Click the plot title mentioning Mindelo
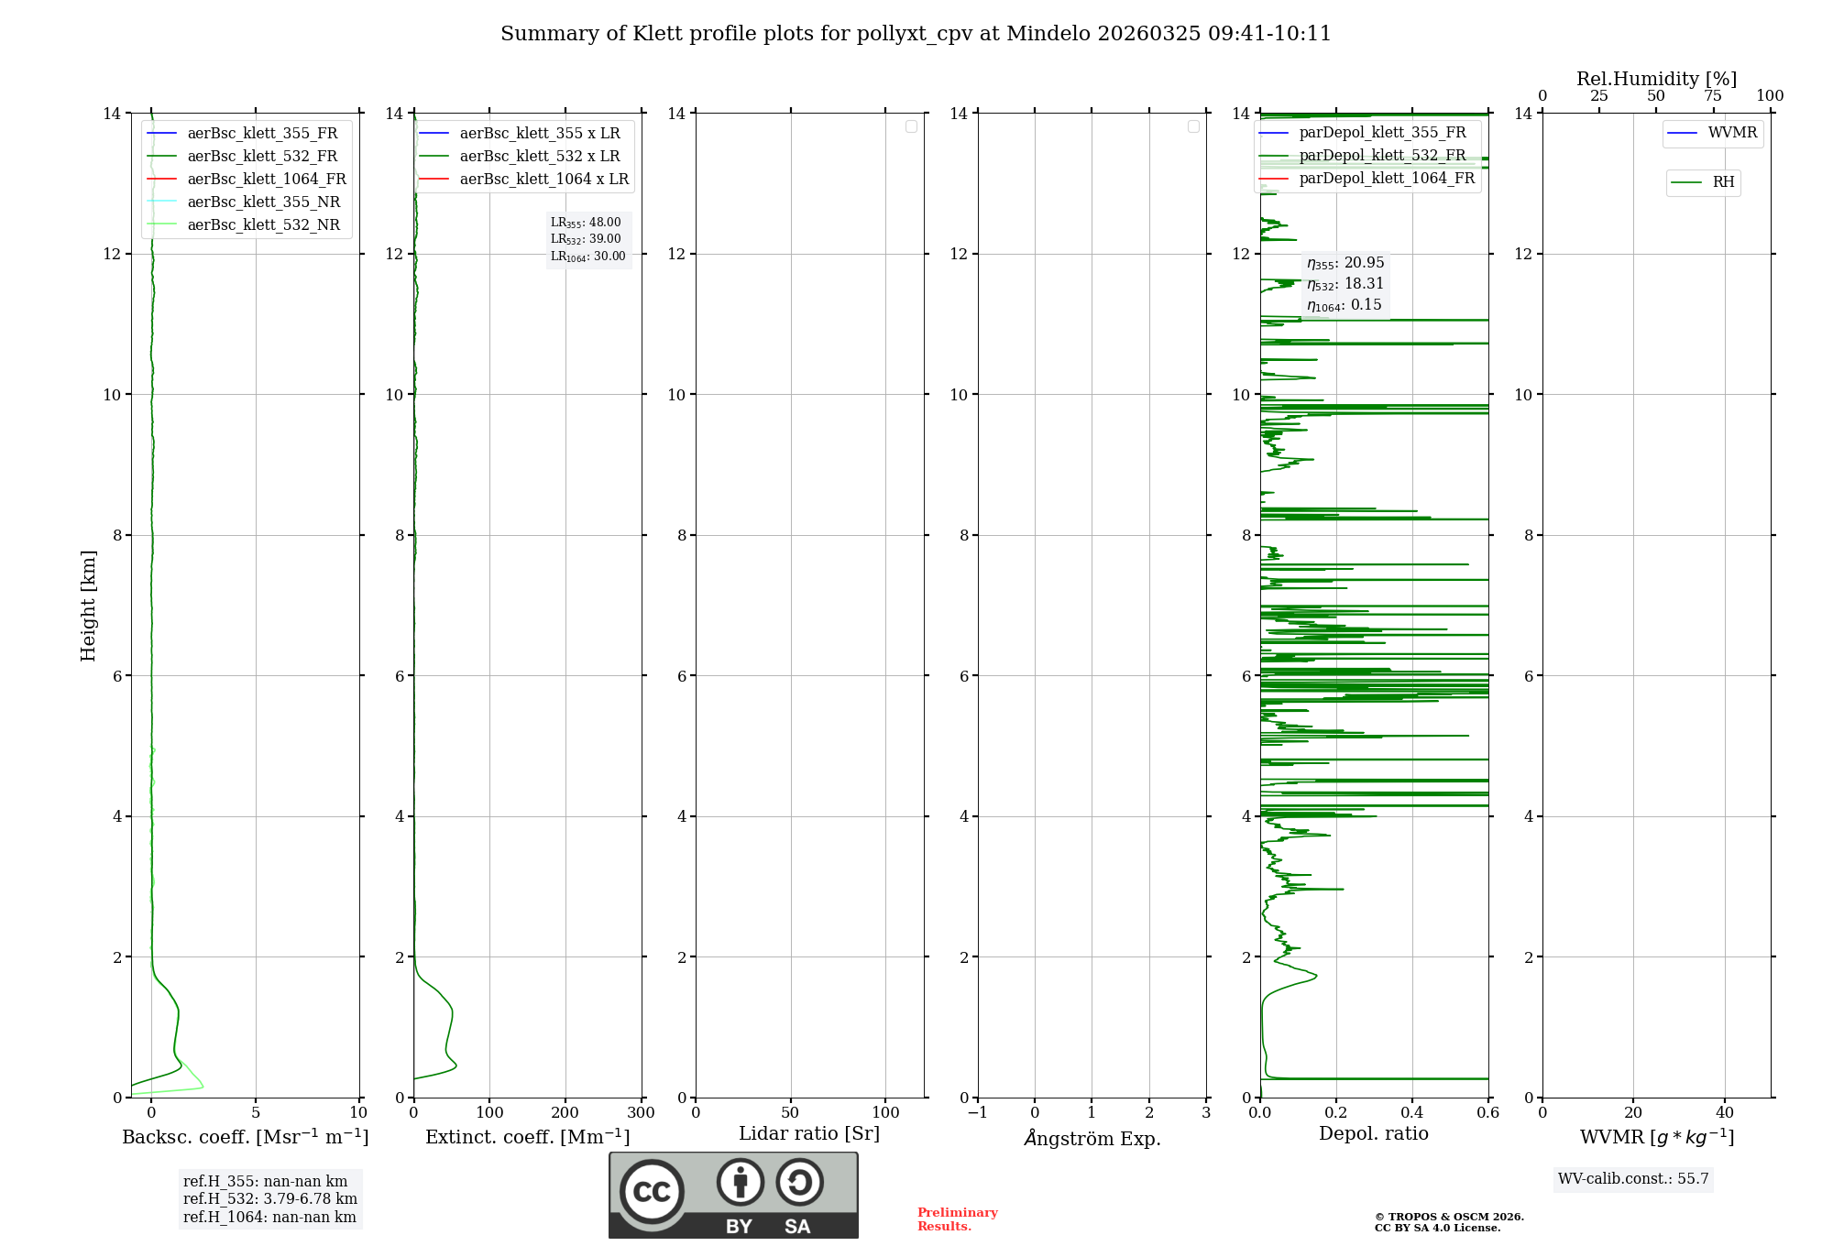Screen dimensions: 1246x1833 point(916,34)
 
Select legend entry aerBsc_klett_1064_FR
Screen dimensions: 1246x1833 point(266,180)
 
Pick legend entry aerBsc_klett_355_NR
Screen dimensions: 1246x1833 point(263,202)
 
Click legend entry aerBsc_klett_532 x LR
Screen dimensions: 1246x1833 point(539,157)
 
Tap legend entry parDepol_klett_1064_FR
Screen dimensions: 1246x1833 point(1386,179)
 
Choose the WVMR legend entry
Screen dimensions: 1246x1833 point(1731,133)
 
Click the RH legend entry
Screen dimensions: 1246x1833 point(1722,182)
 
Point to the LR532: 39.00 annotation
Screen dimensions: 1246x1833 point(586,239)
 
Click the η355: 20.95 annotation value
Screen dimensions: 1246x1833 point(1345,263)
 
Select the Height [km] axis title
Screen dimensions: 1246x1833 point(88,605)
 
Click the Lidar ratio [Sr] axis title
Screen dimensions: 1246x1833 point(809,1133)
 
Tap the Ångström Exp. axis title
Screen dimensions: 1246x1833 point(1092,1138)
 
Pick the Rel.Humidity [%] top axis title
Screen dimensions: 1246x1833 point(1656,79)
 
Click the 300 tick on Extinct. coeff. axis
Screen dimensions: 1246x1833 point(641,1113)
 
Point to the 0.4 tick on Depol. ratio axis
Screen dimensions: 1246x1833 point(1412,1113)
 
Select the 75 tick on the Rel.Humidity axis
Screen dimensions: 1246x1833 point(1713,96)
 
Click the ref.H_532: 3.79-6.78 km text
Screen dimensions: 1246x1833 point(269,1199)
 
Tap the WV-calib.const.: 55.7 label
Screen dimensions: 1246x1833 point(1633,1179)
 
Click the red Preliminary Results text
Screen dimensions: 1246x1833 point(957,1219)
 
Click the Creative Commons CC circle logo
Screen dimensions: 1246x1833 point(652,1192)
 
